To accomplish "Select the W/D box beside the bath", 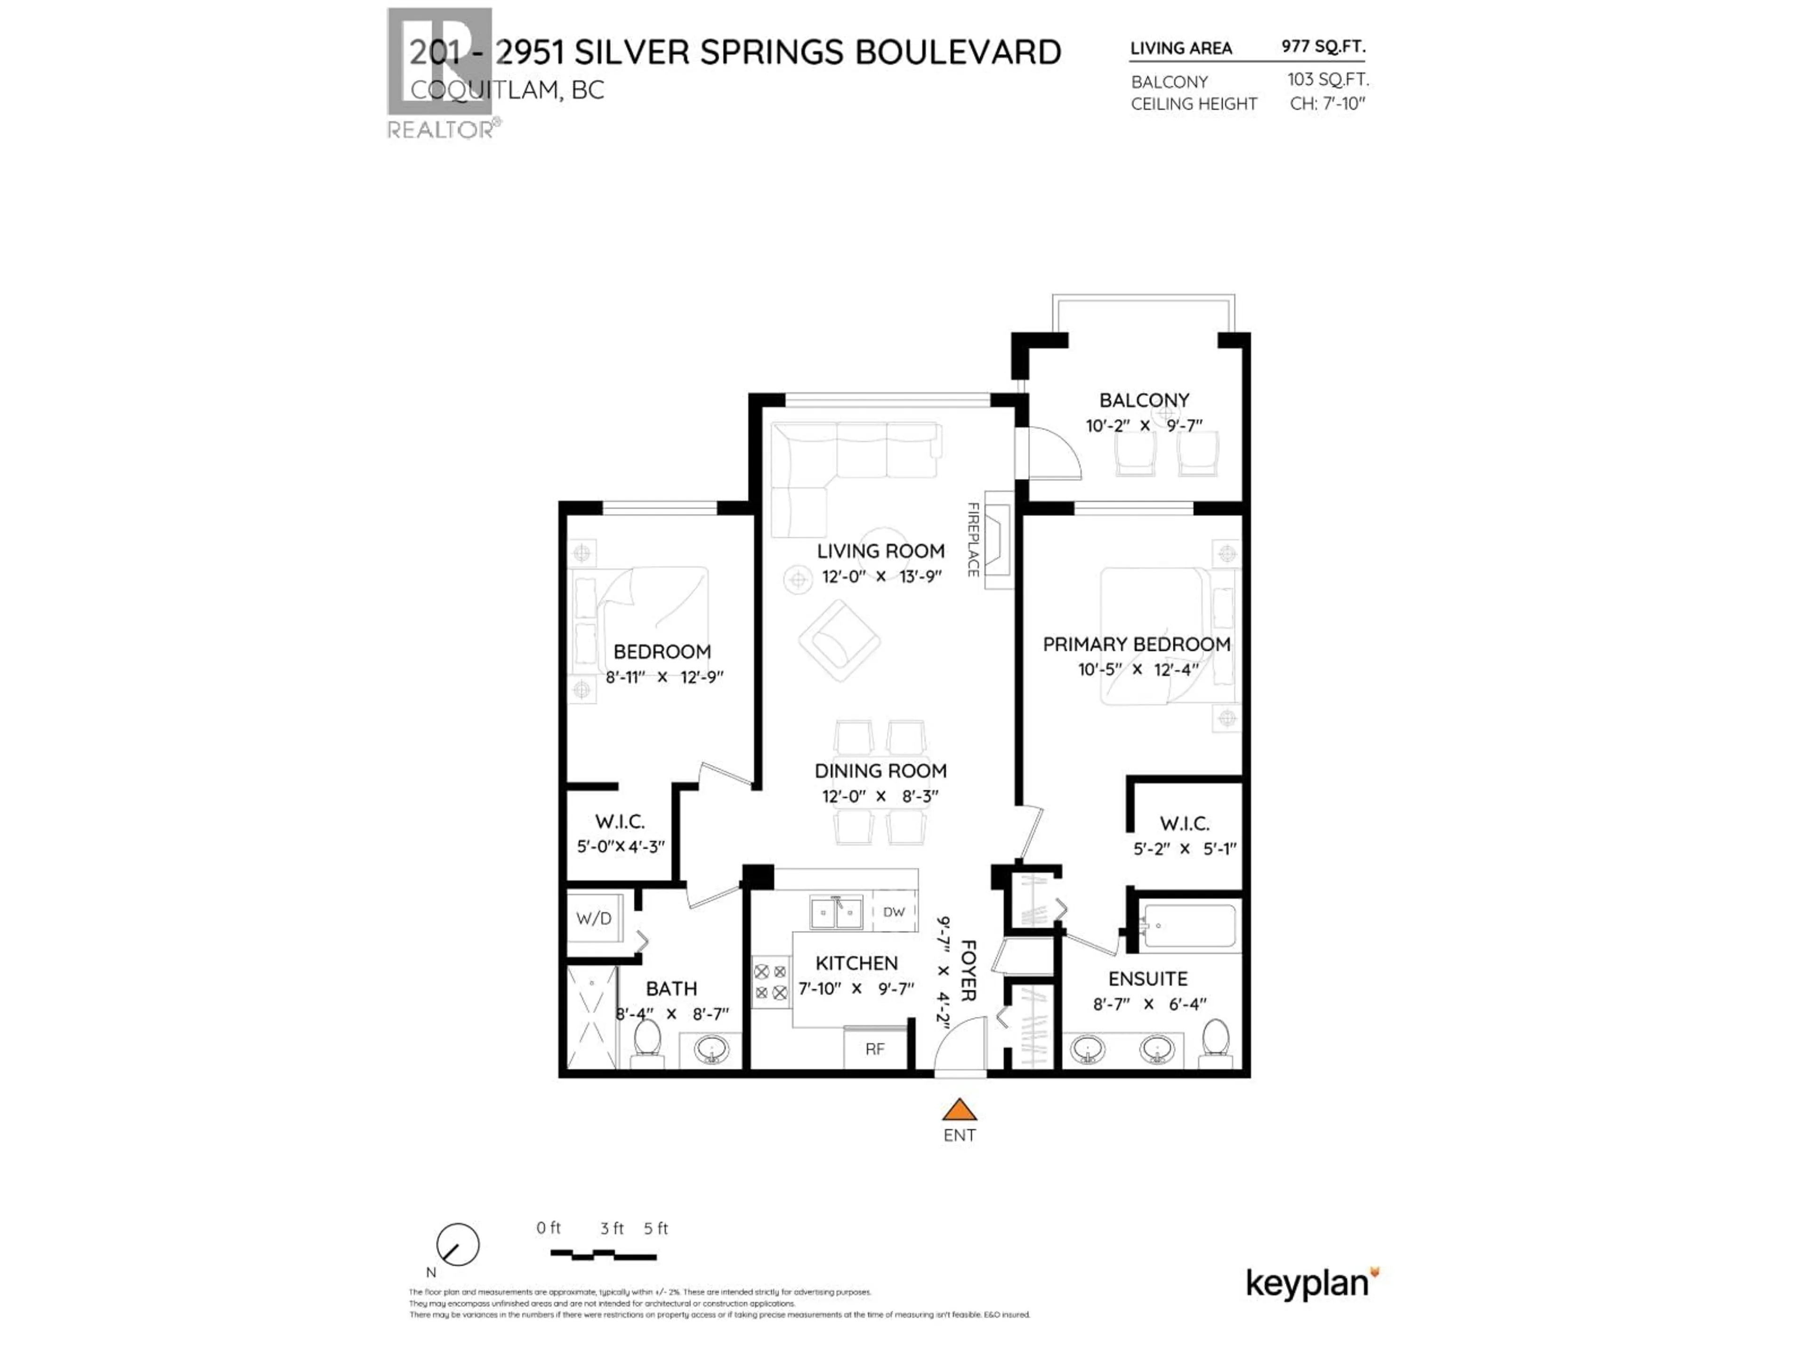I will pos(594,918).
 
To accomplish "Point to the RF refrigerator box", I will pos(875,1049).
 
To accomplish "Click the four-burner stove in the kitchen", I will pos(770,982).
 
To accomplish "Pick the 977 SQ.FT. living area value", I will pos(1323,47).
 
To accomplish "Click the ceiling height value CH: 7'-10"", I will pos(1327,104).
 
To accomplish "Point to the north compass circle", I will pos(458,1245).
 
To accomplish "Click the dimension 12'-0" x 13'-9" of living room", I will pos(881,576).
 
